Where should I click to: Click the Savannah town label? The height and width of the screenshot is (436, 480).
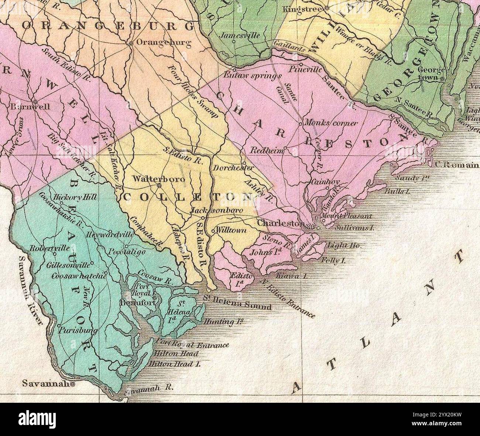[46, 384]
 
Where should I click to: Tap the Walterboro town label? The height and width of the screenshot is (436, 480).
[154, 179]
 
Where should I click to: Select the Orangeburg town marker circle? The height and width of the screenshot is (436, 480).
[131, 43]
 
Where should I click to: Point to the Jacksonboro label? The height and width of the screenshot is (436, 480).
[217, 210]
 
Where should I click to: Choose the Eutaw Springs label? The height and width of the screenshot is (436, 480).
[253, 75]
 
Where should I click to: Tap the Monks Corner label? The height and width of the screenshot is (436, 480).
[330, 123]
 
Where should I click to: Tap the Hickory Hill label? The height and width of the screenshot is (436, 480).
[75, 197]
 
